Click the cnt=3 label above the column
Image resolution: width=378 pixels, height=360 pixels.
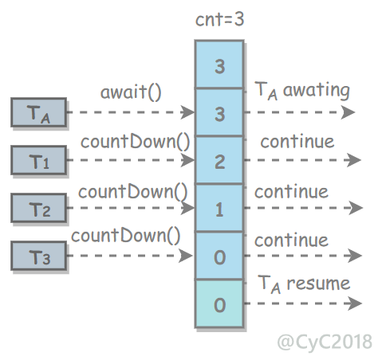click(x=219, y=19)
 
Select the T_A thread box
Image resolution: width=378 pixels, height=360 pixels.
click(x=39, y=112)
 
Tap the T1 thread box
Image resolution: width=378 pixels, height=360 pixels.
click(x=39, y=160)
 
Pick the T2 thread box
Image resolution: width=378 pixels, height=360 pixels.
click(x=39, y=208)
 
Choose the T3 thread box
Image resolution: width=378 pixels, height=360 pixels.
click(x=39, y=256)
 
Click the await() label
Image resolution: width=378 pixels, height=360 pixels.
click(x=131, y=92)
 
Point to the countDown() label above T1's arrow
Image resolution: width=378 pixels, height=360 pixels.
click(x=136, y=142)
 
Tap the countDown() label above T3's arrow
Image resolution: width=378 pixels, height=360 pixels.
click(x=126, y=236)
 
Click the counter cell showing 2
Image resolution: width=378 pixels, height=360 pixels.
click(x=219, y=160)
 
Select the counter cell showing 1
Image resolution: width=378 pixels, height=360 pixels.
click(x=219, y=208)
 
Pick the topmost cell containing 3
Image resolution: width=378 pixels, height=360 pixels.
click(x=219, y=65)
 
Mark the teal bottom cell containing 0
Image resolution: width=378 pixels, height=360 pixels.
click(x=219, y=303)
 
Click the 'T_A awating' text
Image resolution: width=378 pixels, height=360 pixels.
click(x=302, y=91)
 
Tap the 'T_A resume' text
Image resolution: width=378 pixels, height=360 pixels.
click(x=304, y=284)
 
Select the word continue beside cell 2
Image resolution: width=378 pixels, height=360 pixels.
click(x=297, y=142)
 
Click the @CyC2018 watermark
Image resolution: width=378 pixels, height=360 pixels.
click(x=325, y=342)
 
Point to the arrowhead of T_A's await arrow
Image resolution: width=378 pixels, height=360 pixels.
click(x=187, y=112)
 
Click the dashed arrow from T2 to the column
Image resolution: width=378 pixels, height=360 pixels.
click(x=131, y=208)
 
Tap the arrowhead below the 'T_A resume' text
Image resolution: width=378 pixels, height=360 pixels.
click(x=355, y=303)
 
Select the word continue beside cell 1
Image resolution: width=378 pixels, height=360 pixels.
click(x=291, y=192)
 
